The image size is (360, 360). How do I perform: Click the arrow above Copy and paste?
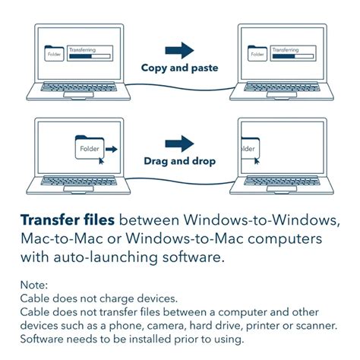point(180,50)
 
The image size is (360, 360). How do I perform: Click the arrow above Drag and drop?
point(180,143)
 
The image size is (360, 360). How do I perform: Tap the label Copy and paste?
point(180,68)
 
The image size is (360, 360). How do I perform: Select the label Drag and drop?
point(180,161)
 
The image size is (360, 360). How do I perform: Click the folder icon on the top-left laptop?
point(55,54)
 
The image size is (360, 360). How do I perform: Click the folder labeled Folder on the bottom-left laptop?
point(90,147)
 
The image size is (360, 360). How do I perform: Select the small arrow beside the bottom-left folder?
point(112,150)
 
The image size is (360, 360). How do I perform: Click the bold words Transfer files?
point(68,221)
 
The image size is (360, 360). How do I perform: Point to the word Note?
point(34,286)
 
